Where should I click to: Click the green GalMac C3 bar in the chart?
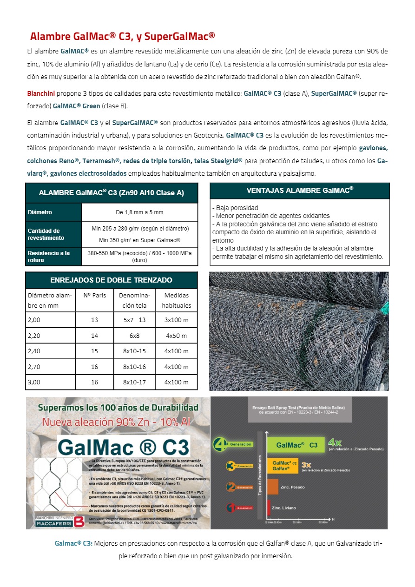click(297, 445)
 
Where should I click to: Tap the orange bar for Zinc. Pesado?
click(273, 487)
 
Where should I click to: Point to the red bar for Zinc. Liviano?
click(269, 508)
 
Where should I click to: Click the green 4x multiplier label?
click(335, 442)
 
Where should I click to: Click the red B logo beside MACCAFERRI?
click(79, 521)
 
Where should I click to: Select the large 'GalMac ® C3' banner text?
click(124, 447)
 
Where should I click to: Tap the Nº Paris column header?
click(95, 295)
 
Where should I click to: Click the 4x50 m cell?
click(176, 336)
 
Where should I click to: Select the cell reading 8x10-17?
click(134, 382)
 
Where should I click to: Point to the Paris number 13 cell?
click(95, 320)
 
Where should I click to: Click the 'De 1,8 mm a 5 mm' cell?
click(139, 212)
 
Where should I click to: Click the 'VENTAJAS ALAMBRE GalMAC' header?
click(300, 191)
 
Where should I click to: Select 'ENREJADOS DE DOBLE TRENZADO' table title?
click(111, 280)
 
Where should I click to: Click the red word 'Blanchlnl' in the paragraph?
click(40, 93)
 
